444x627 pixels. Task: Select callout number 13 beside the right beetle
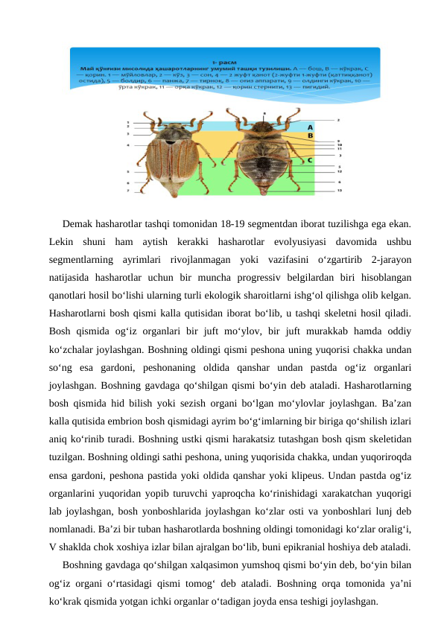[x=340, y=191]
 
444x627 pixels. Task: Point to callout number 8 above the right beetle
[x=264, y=114]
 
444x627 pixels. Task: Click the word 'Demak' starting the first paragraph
[x=78, y=224]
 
